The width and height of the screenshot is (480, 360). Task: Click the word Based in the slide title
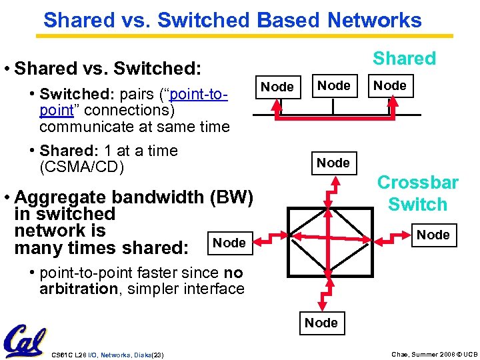click(x=287, y=20)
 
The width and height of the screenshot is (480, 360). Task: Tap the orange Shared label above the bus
click(x=404, y=59)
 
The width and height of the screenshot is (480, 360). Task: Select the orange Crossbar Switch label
click(x=417, y=193)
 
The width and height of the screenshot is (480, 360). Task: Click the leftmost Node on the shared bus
click(x=277, y=87)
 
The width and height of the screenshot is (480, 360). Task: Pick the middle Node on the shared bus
click(x=333, y=85)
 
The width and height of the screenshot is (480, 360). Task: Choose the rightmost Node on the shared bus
click(x=390, y=85)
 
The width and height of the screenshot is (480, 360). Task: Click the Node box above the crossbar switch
click(x=333, y=163)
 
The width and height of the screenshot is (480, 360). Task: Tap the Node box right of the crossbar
click(x=433, y=235)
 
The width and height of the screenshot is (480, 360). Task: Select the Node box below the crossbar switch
click(x=321, y=323)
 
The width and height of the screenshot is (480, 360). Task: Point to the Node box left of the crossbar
click(x=229, y=243)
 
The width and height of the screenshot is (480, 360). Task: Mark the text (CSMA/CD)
click(x=81, y=167)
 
